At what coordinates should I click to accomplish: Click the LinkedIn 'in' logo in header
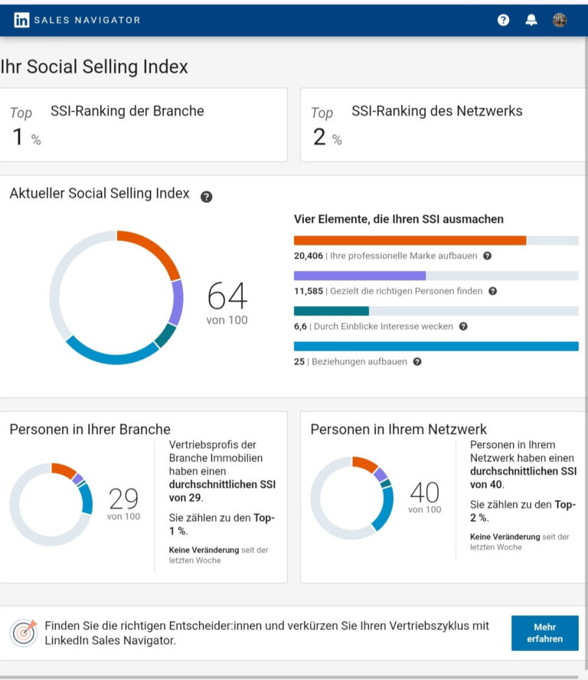21,21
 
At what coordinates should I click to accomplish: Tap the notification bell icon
531,21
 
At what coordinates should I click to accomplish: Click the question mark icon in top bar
503,21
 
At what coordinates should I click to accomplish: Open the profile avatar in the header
560,21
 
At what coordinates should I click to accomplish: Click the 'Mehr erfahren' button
544,633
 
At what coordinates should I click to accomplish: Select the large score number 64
227,296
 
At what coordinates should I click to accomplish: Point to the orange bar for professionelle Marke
410,240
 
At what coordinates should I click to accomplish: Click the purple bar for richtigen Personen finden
359,276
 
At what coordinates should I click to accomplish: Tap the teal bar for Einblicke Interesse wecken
331,311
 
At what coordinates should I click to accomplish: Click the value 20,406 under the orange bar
309,256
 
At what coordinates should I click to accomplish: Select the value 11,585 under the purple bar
309,291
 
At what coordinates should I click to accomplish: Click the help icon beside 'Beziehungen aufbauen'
416,361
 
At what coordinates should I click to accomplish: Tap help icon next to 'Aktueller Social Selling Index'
206,196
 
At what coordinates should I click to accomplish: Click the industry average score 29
123,499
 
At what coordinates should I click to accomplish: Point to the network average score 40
424,492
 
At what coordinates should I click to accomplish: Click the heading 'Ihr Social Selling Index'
94,67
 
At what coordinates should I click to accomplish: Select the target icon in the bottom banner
23,633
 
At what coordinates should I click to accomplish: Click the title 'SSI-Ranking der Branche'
127,111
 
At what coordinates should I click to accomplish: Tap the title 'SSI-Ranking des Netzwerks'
436,111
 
